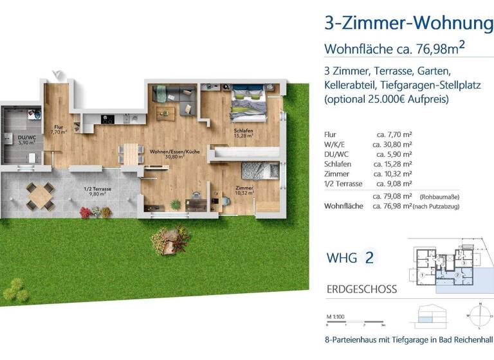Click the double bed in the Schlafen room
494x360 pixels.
248,105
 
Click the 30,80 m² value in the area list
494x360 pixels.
392,145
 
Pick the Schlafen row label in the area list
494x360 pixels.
340,164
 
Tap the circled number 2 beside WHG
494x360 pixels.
369,258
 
